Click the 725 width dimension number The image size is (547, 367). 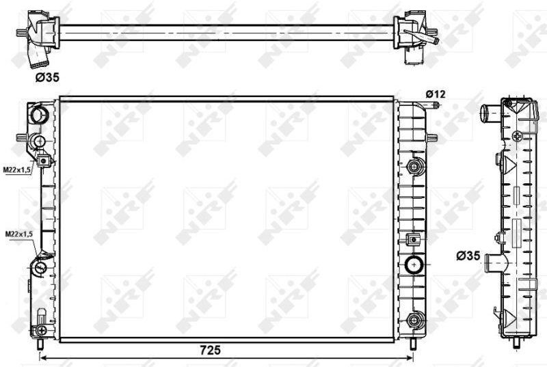(x=211, y=349)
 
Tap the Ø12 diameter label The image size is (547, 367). (x=436, y=94)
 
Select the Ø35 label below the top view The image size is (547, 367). (x=47, y=77)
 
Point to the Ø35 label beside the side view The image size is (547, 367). (x=468, y=256)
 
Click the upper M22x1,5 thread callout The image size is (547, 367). (x=18, y=169)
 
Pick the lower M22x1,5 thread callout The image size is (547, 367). (x=19, y=234)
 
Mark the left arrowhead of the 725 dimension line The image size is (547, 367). (x=42, y=357)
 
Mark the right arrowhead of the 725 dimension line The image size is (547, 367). (x=410, y=357)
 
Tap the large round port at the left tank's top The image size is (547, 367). (x=40, y=115)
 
